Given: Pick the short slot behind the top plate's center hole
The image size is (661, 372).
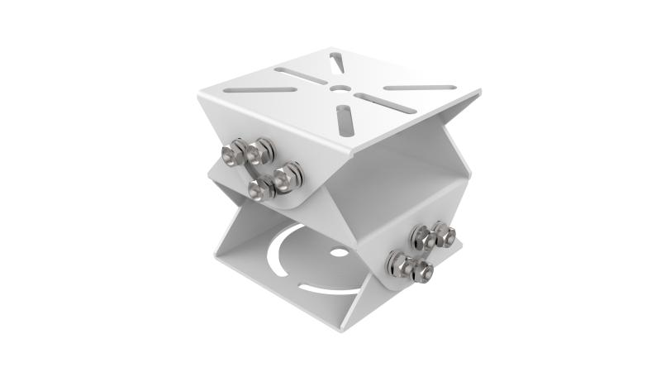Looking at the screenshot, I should (x=336, y=62).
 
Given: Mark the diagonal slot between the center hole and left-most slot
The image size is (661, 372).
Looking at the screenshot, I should (x=302, y=72).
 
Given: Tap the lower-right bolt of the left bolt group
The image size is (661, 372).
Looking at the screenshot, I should (x=288, y=174).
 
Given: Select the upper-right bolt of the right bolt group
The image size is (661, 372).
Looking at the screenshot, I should (x=445, y=236).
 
